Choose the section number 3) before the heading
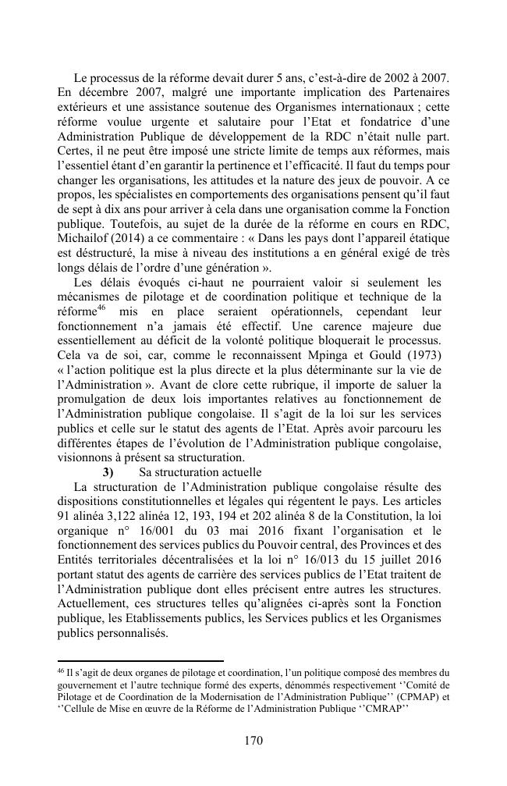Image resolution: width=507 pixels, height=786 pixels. click(108, 472)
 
